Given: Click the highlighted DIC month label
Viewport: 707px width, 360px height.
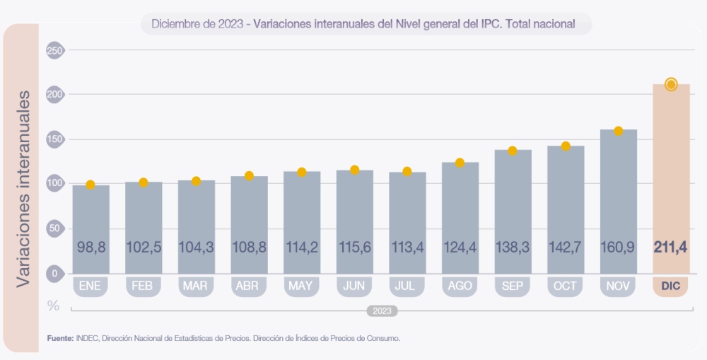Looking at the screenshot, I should tap(671, 286).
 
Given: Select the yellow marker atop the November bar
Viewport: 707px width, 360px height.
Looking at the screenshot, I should tap(618, 131).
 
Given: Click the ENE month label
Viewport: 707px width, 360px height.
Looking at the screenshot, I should tap(90, 286).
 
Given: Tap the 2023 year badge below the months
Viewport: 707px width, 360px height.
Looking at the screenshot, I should tap(382, 310).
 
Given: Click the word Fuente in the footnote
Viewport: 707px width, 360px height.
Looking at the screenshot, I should tap(59, 339).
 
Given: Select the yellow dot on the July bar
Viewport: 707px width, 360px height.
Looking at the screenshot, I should tap(407, 171).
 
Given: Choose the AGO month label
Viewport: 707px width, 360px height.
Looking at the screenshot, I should tap(460, 286).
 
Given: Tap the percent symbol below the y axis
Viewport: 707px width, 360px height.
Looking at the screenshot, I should tap(53, 306).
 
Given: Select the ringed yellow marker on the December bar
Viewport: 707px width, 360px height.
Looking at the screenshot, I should tap(671, 85).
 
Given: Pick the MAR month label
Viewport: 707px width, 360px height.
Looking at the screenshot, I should tap(196, 286).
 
